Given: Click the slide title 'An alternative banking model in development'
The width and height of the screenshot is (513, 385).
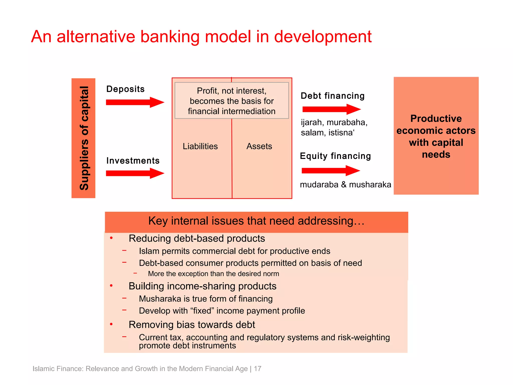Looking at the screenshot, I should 201,37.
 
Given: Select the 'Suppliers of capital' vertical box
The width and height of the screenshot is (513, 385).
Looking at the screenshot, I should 83,138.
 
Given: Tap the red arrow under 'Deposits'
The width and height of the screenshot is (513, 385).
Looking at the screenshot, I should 135,102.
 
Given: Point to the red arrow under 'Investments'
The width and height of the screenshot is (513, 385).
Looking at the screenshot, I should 135,173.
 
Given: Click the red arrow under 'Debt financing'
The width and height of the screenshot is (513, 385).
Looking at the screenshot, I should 331,109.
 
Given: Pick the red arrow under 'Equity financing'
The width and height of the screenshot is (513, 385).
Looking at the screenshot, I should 331,171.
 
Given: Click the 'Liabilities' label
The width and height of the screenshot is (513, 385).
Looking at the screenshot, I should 200,146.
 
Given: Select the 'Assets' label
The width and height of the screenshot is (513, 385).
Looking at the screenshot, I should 259,146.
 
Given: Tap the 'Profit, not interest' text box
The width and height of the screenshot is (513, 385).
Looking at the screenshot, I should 232,101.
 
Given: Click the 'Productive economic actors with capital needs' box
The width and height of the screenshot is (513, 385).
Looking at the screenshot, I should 436,136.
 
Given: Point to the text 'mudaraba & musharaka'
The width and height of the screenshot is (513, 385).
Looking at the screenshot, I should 345,184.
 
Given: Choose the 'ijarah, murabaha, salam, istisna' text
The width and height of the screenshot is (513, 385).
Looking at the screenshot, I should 334,127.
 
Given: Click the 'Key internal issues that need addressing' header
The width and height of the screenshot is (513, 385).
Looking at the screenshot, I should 256,221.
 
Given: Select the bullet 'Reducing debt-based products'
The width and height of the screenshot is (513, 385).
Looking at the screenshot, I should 197,238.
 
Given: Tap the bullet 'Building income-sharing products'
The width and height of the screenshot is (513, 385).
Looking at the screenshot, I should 202,286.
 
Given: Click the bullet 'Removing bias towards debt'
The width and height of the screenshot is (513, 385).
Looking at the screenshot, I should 192,325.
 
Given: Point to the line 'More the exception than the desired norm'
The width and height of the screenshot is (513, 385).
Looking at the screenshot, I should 213,274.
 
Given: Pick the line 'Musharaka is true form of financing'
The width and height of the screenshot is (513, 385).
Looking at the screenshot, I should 206,299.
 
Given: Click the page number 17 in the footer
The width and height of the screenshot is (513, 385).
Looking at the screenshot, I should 258,369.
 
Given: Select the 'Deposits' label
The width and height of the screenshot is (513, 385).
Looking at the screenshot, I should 125,89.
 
